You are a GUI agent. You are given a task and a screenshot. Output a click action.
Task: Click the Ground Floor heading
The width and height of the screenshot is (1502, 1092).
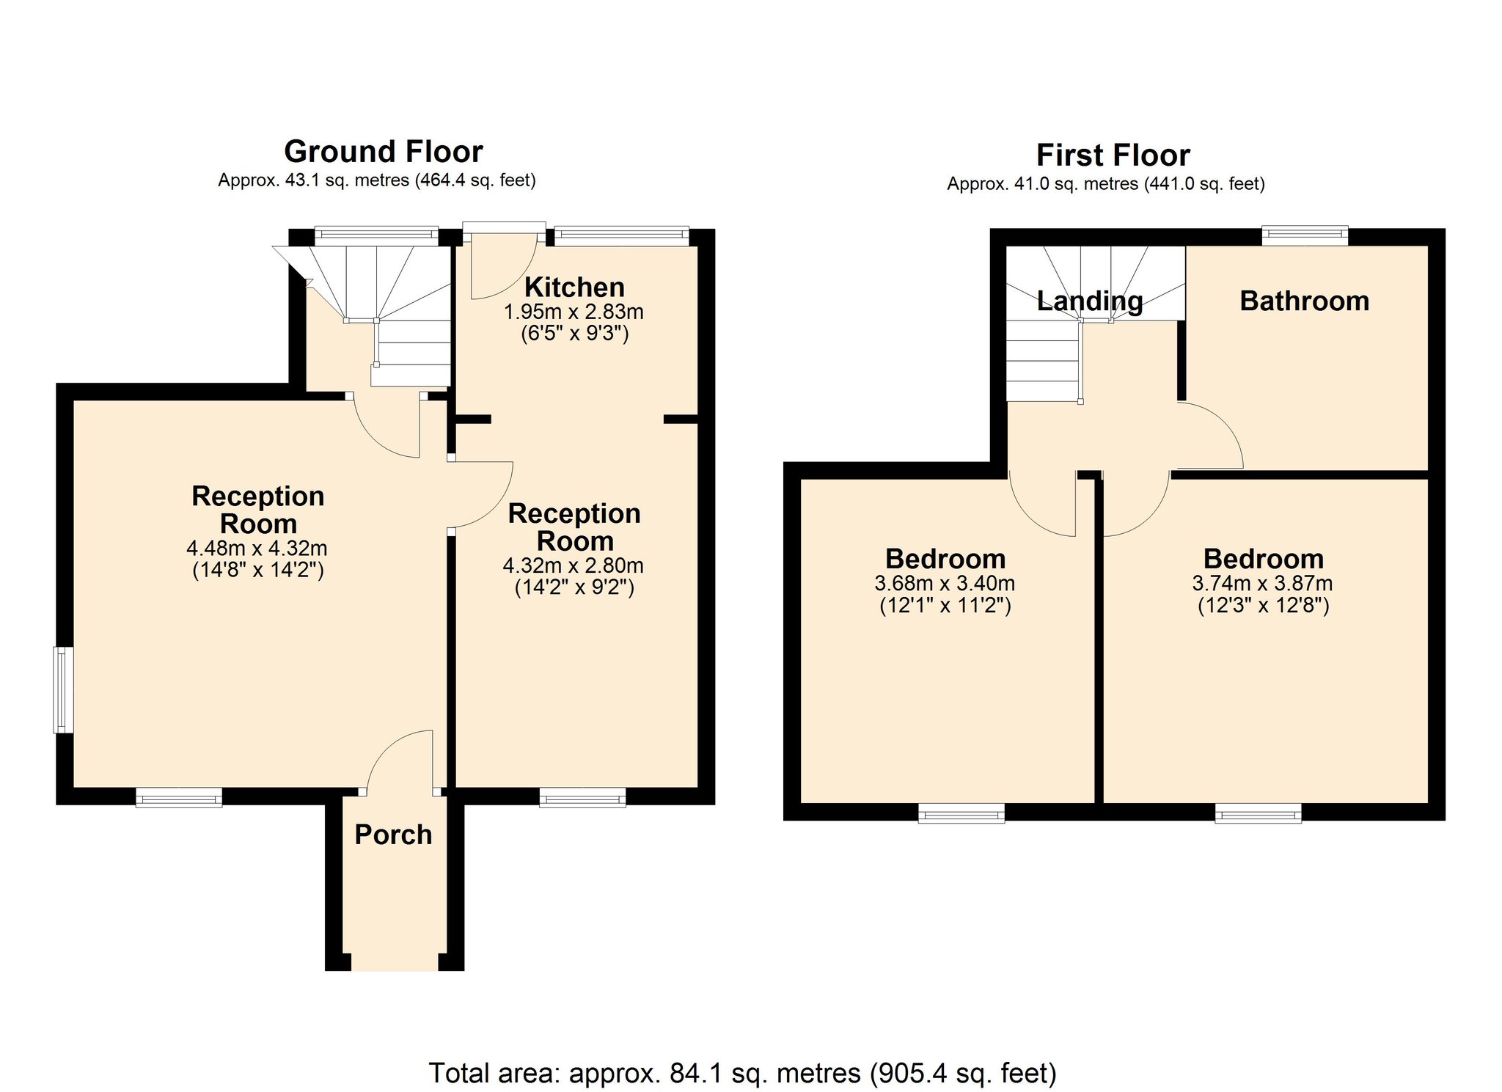(384, 152)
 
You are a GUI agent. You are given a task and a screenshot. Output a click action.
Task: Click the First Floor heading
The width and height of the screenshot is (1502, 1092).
(1113, 155)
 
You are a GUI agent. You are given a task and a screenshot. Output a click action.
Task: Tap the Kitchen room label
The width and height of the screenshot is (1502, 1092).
(574, 287)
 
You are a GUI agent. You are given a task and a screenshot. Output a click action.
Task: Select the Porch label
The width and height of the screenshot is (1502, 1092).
(393, 835)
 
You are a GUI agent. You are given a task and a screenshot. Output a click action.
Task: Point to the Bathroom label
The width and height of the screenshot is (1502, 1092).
(1305, 301)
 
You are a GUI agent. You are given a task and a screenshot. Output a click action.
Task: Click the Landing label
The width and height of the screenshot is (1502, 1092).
(1090, 301)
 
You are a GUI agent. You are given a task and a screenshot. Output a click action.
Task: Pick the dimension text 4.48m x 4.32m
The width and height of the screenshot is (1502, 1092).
(257, 548)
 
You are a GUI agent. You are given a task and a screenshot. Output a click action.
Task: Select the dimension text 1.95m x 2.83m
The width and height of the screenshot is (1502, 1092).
(574, 312)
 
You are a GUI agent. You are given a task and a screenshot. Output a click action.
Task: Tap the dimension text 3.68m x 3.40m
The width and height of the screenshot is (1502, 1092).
(945, 584)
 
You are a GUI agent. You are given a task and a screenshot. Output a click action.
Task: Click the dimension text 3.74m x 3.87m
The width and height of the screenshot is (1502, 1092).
(1262, 584)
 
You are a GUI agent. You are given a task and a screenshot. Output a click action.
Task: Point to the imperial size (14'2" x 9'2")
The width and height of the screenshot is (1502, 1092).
(574, 587)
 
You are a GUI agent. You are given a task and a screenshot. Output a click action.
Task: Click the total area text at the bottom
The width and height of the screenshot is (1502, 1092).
(742, 1073)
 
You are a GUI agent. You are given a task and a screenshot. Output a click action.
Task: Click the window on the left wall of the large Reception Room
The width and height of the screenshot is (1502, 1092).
(64, 689)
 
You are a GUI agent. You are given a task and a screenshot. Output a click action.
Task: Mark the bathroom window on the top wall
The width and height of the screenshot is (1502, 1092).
(1305, 235)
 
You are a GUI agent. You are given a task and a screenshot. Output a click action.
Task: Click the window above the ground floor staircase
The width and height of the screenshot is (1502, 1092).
(376, 235)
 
